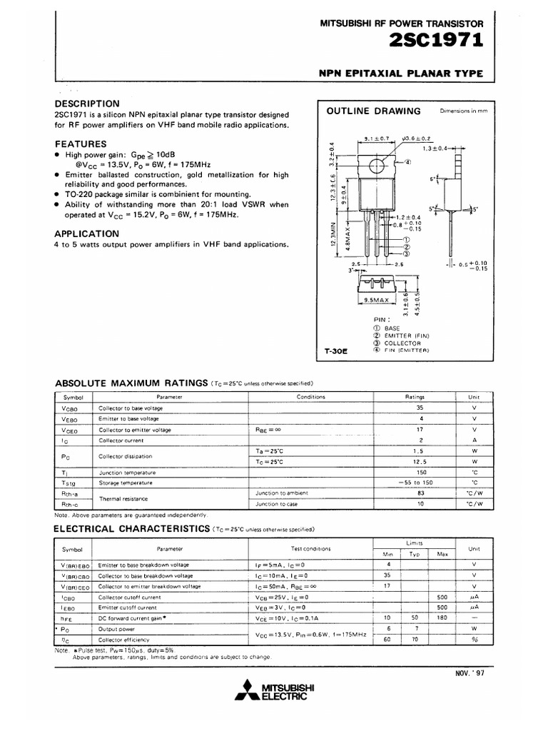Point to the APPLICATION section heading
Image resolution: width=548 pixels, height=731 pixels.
(87, 233)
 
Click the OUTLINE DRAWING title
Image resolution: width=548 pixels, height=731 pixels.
(373, 111)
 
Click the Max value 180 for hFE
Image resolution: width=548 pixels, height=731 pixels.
(442, 617)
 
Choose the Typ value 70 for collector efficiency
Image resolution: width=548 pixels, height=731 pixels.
(415, 640)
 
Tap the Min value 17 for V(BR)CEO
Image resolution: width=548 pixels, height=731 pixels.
(388, 586)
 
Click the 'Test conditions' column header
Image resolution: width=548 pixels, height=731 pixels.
(310, 549)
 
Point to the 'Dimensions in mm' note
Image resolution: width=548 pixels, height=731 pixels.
(463, 111)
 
